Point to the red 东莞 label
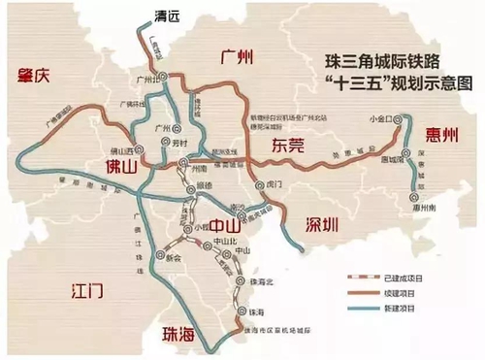[280, 146]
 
